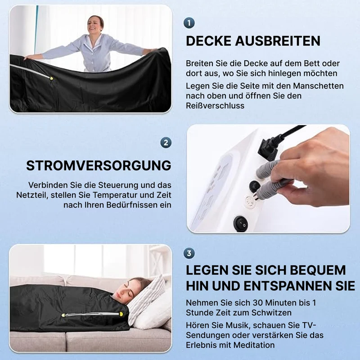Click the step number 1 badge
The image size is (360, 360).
pos(189,23)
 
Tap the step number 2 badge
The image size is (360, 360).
pos(166,143)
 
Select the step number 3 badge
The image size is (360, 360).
pos(189,253)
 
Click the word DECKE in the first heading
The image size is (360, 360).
pos(208,41)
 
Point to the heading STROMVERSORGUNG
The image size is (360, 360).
pos(99,166)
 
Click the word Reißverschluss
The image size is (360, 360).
pos(215,106)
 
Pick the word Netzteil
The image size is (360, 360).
pos(32,195)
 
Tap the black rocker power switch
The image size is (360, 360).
pos(241,224)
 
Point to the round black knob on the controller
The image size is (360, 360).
pos(254,186)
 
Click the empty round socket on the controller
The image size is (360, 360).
pos(250,202)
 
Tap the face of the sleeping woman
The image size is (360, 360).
pos(125,290)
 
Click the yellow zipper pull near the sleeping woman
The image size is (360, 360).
pos(121,314)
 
